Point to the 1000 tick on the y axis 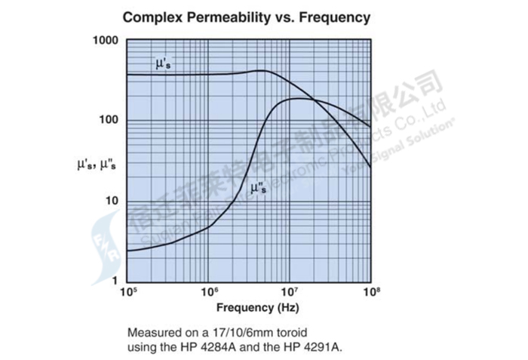click(106, 40)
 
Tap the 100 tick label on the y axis click(109, 121)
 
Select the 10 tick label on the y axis click(112, 201)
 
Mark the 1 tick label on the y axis click(115, 281)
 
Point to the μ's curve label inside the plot click(164, 64)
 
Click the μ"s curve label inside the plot click(257, 190)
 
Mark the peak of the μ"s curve click(300, 98)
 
